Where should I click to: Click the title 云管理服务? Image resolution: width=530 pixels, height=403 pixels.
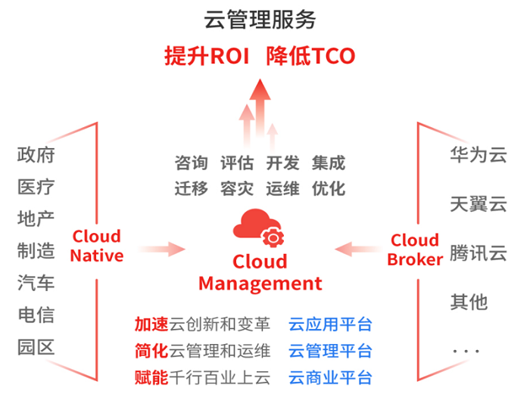coord(260,19)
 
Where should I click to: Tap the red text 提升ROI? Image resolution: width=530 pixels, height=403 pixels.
coord(207,56)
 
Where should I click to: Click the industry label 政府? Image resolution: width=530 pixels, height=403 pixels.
coord(36,155)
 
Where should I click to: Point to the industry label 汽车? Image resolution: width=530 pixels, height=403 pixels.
coord(36,283)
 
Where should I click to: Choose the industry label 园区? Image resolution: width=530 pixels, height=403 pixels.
coord(36,347)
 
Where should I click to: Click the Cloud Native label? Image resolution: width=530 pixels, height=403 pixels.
coord(97,246)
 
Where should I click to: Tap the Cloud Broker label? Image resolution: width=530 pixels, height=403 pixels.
coord(415,250)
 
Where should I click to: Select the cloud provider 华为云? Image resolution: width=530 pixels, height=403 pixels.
coord(478,155)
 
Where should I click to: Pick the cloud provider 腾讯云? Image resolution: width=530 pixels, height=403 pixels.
coord(478,253)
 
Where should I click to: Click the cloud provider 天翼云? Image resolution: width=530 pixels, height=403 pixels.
coord(478,204)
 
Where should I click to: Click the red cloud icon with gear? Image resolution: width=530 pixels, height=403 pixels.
coord(260,228)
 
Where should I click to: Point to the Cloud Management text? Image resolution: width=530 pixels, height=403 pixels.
coord(260,273)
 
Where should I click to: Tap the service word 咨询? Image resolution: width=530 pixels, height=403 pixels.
coord(191,163)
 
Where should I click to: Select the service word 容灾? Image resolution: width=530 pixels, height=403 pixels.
coord(236,188)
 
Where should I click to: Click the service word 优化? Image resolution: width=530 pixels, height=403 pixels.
coord(328,188)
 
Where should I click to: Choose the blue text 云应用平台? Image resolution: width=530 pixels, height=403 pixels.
coord(330,325)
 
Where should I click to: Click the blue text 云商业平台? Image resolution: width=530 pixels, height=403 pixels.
coord(330,377)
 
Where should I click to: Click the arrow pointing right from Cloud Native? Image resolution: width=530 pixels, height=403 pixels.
coord(163,248)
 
